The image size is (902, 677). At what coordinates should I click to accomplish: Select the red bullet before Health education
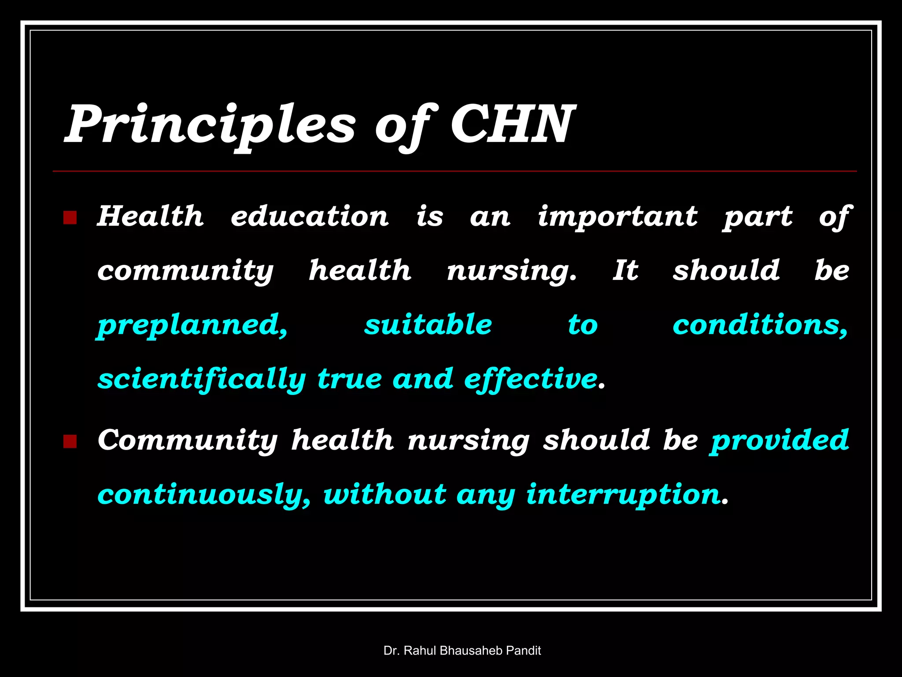point(70,218)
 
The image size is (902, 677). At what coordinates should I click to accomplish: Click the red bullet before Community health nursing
point(70,441)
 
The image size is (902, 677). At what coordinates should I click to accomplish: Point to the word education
point(310,216)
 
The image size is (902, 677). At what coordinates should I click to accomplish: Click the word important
point(617,217)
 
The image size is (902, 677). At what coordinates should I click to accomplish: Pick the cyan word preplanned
point(192,325)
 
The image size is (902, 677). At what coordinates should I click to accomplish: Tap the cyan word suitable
point(428,325)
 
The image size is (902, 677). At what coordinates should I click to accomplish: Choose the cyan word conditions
point(760,325)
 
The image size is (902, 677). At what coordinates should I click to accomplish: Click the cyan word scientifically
point(202,379)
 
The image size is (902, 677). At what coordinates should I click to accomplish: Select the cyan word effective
point(530,379)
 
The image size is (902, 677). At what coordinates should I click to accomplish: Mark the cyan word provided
point(779,440)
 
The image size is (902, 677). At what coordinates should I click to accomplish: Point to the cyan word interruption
point(623,495)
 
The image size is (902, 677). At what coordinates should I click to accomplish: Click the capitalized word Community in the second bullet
point(188,440)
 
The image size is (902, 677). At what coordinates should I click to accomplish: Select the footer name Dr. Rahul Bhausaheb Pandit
point(462,651)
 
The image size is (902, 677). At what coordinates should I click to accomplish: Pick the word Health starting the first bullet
point(150,216)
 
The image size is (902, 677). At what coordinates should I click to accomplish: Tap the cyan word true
point(349,379)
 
